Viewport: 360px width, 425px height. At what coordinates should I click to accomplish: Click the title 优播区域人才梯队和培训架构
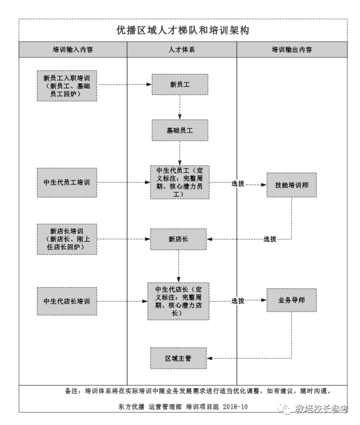pos(182,30)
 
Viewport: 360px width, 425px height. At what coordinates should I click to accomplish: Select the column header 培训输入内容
pos(73,50)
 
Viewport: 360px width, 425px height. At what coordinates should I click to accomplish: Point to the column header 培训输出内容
pos(291,50)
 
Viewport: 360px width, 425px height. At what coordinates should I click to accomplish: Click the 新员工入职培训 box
pos(67,85)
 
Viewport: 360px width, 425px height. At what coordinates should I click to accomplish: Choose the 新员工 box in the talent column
pos(180,84)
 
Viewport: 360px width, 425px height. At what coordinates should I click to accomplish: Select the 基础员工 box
pos(180,130)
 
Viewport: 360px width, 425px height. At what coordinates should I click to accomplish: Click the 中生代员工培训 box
pos(67,183)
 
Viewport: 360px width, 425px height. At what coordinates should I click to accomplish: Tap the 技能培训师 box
pos(291,185)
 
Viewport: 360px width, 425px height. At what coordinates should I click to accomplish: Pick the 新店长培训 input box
pos(67,239)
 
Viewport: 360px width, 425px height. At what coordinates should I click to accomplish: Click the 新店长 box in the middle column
pos(178,239)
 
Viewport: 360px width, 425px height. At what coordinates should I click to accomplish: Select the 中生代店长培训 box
pos(67,301)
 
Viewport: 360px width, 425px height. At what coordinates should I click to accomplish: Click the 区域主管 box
pos(178,358)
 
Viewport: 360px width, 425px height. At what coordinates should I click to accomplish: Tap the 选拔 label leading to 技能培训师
pos(238,184)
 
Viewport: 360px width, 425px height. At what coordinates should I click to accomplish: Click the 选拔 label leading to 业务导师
pos(238,301)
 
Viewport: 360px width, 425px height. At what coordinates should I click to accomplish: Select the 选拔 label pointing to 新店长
pos(270,239)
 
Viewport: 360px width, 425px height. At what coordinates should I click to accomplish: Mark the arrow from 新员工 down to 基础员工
pos(180,107)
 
